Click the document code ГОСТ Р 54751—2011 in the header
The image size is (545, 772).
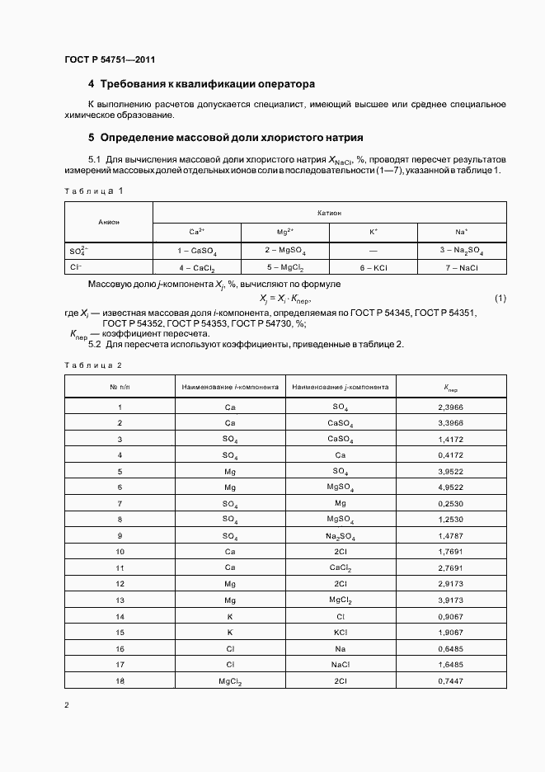[x=109, y=60]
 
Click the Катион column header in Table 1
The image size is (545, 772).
[x=329, y=212]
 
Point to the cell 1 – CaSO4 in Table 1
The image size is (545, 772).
[x=196, y=250]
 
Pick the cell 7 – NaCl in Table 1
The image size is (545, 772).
[x=463, y=268]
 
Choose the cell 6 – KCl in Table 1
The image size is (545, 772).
[x=374, y=268]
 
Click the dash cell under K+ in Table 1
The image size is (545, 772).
[x=374, y=250]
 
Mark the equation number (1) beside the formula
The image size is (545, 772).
[x=500, y=298]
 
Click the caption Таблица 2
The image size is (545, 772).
[x=93, y=365]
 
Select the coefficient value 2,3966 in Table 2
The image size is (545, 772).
[x=451, y=407]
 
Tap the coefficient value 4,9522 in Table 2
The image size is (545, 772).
[x=451, y=487]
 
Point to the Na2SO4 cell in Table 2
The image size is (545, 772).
[x=340, y=535]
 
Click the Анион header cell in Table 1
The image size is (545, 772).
[x=109, y=222]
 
